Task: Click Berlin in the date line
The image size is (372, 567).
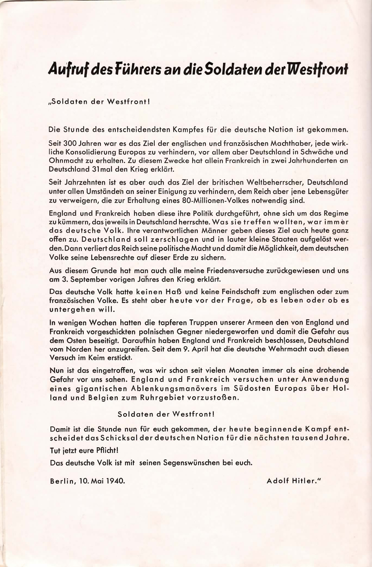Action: [x=62, y=480]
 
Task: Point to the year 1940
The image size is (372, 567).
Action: [x=115, y=480]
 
